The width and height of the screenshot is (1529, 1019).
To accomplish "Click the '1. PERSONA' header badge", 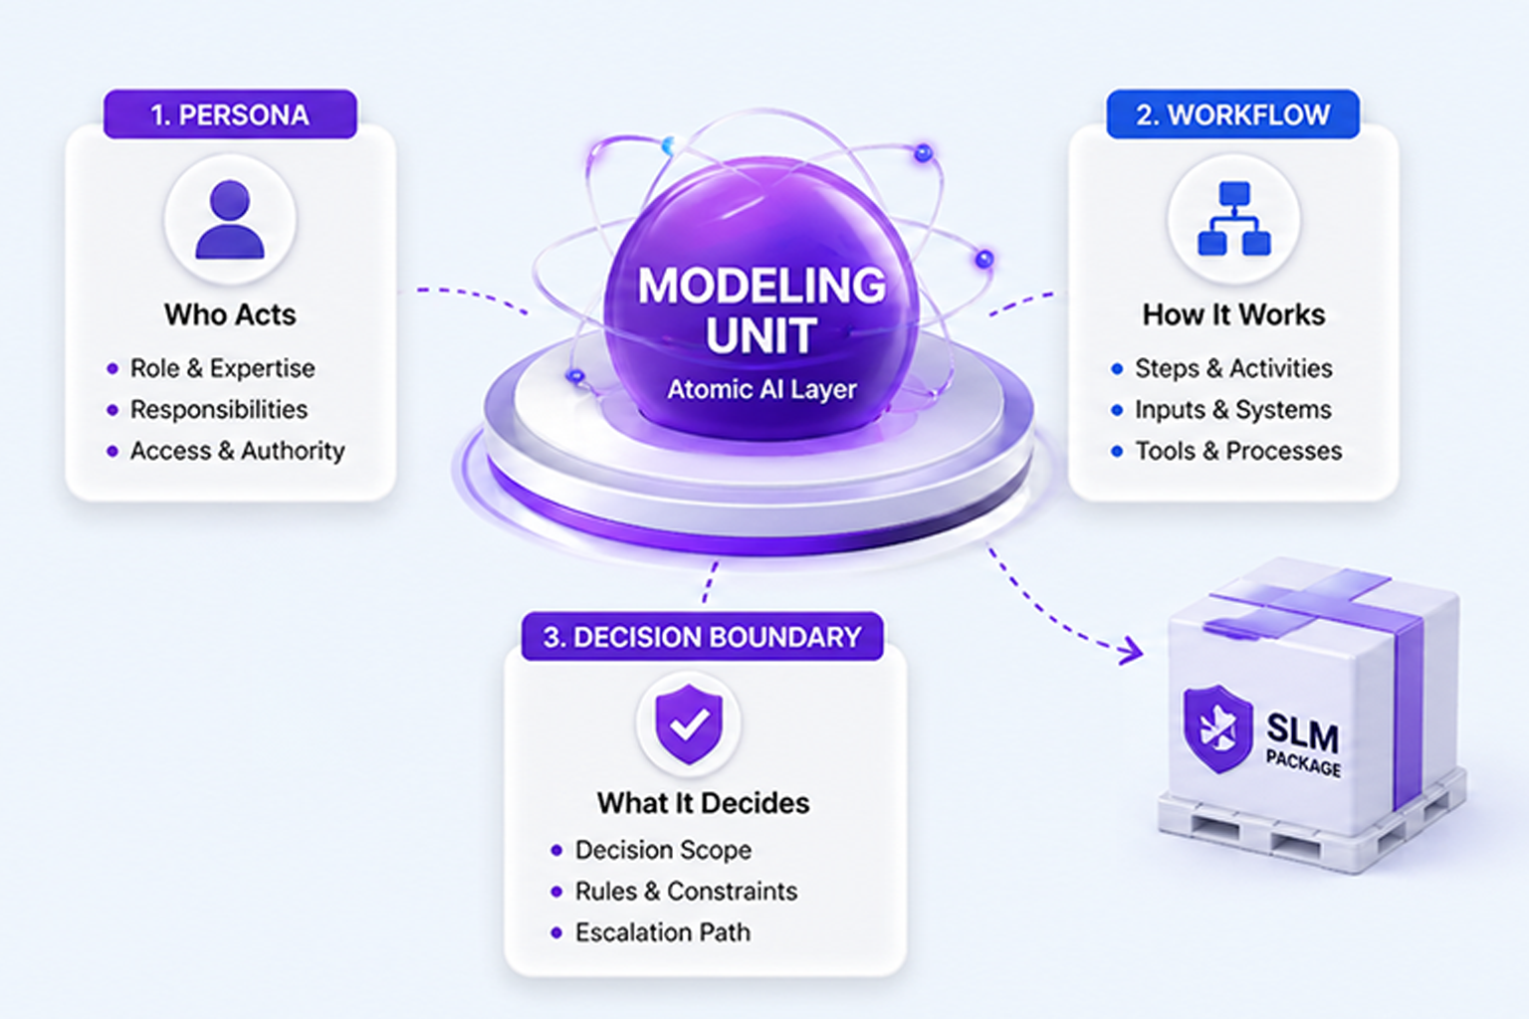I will [230, 114].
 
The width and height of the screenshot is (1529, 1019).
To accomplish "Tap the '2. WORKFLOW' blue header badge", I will [1232, 114].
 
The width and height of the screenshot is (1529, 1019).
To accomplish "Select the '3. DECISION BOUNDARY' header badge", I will [702, 637].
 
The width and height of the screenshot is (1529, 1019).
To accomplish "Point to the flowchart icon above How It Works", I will [1233, 219].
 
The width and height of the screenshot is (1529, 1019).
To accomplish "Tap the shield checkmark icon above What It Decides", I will [688, 723].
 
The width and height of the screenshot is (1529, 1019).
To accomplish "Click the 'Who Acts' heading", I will [230, 314].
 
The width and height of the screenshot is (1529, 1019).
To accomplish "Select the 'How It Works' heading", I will [1233, 314].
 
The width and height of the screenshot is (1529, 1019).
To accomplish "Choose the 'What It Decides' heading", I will [703, 803].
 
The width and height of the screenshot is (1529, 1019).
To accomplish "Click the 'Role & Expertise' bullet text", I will [222, 368].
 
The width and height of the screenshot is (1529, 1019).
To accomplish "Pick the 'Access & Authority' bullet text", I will [237, 451].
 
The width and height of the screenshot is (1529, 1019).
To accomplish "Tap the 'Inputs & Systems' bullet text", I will [1232, 410].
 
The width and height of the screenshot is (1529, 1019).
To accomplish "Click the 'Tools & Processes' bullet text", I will [1238, 451].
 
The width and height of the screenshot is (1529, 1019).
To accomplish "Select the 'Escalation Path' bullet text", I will [663, 932].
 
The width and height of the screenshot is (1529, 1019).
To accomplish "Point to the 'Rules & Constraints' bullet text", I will [686, 891].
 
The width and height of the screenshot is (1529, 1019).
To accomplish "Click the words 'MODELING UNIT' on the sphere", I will [762, 310].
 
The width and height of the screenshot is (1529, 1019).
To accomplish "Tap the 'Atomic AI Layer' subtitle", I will [762, 389].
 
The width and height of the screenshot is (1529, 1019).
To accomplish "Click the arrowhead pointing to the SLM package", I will [1132, 653].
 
